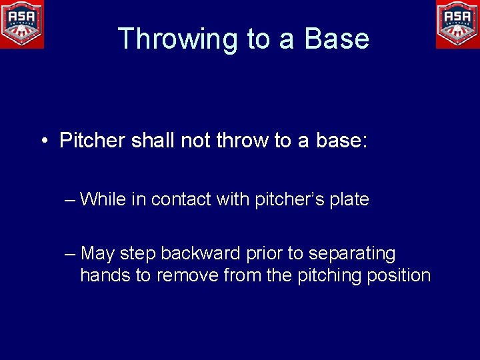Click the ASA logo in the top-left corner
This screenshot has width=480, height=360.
point(22,24)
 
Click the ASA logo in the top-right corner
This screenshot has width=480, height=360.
point(457,24)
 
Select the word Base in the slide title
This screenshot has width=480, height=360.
point(337,39)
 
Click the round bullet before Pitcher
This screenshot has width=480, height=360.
point(43,141)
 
